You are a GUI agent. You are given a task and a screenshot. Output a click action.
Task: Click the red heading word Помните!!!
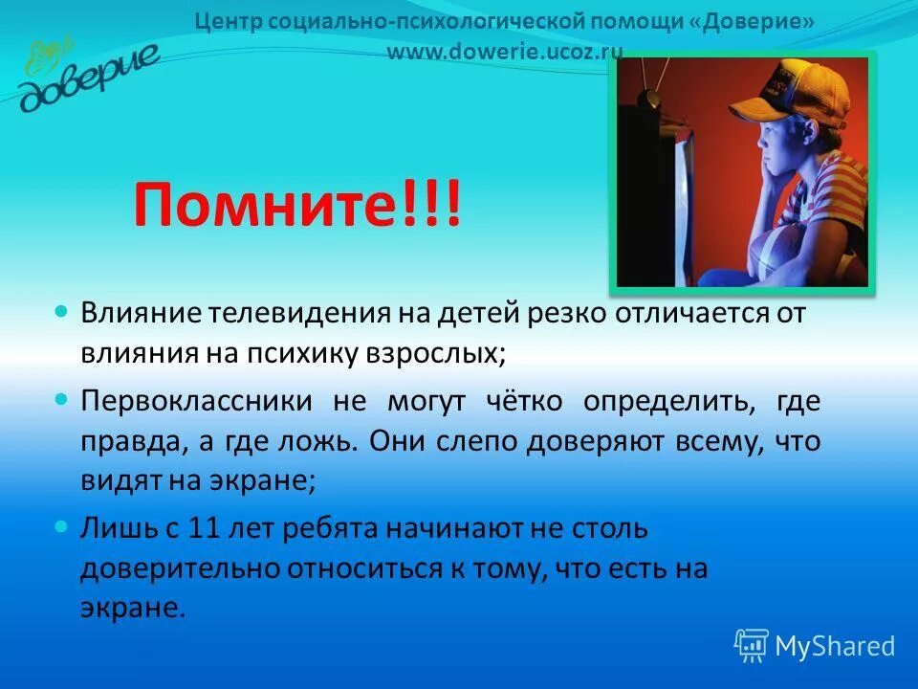click(x=296, y=204)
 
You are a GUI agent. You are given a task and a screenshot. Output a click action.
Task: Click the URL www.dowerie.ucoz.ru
click(x=504, y=52)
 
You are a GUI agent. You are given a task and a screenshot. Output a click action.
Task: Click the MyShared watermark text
click(x=834, y=646)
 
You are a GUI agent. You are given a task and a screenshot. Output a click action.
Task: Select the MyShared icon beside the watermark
click(x=752, y=645)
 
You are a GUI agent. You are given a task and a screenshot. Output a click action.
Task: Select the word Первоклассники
click(x=196, y=400)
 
